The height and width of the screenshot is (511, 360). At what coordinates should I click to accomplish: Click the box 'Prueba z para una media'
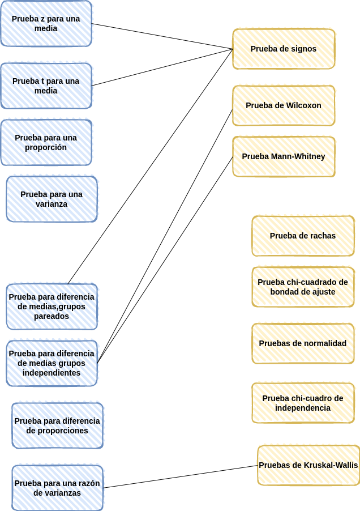(x=46, y=23)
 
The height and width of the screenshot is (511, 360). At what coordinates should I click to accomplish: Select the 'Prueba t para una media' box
(x=46, y=86)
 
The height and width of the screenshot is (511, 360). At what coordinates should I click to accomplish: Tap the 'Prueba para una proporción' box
(x=46, y=142)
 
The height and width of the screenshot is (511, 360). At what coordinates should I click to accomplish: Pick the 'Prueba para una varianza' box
(x=52, y=199)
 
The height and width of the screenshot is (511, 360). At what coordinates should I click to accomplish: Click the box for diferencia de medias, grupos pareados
(x=52, y=306)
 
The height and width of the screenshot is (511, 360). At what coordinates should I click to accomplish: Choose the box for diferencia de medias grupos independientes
(x=52, y=363)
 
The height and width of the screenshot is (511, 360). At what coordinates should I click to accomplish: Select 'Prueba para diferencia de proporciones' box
(x=57, y=425)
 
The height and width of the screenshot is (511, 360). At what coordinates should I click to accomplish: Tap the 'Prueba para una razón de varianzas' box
(x=57, y=488)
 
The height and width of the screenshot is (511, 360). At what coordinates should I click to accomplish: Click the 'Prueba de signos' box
(x=284, y=49)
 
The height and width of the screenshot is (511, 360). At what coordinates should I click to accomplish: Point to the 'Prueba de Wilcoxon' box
(x=284, y=105)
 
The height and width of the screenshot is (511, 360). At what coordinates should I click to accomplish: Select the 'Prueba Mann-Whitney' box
(x=284, y=157)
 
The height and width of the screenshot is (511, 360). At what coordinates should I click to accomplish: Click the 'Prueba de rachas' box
(x=303, y=236)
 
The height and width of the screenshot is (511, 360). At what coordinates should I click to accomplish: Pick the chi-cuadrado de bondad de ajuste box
(x=303, y=287)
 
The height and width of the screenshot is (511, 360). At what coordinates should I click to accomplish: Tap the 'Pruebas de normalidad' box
(x=303, y=343)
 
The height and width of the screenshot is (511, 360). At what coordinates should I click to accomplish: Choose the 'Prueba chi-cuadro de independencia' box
(x=303, y=403)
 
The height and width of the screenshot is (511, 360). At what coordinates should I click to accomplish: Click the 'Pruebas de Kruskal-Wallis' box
(x=308, y=465)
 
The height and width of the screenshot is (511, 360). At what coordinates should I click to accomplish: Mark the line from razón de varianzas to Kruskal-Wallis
(x=181, y=477)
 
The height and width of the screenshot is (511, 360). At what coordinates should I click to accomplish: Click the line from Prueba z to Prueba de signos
(x=162, y=36)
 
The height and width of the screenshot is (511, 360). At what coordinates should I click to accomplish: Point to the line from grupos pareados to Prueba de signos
(x=150, y=167)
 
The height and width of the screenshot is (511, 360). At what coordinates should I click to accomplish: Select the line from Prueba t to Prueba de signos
(x=162, y=67)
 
